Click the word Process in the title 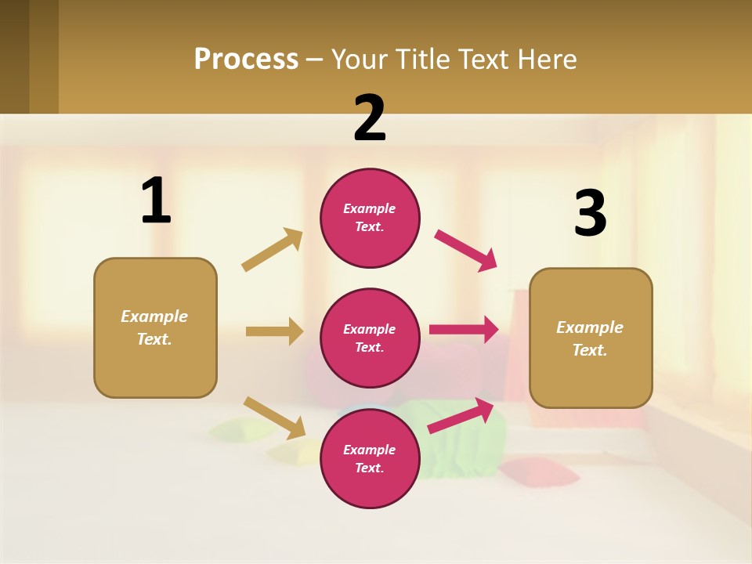(x=246, y=60)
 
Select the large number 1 (x=155, y=201)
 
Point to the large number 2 (x=370, y=118)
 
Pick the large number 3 (x=590, y=214)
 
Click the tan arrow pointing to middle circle (x=274, y=331)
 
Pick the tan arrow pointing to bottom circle (x=274, y=418)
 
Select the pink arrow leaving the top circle (x=466, y=251)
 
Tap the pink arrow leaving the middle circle (x=464, y=330)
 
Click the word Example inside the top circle (x=370, y=208)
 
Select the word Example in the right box (x=590, y=327)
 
